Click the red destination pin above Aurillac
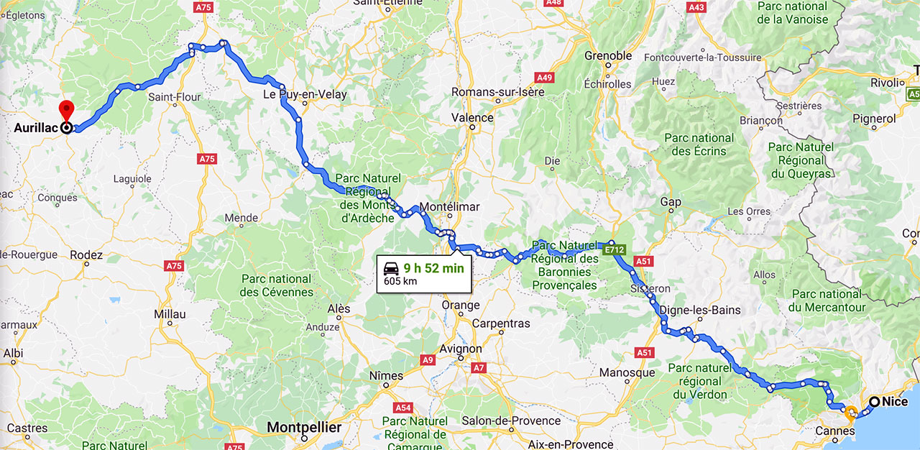click(66, 110)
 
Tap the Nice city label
click(896, 402)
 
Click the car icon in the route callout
click(391, 269)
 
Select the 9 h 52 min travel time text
click(433, 268)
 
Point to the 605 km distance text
click(400, 281)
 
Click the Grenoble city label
click(608, 55)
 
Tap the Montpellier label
click(303, 427)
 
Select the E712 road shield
click(615, 249)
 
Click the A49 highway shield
click(545, 77)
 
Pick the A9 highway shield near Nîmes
click(428, 359)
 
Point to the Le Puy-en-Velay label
click(305, 94)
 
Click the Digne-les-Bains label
click(694, 310)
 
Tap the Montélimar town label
click(448, 206)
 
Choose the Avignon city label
click(460, 349)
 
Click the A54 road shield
click(403, 408)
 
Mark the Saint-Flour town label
click(175, 96)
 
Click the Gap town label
click(671, 202)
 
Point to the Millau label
click(170, 314)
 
